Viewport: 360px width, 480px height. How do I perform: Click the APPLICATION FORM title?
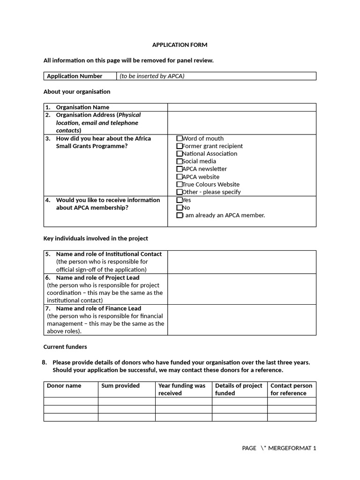pos(180,45)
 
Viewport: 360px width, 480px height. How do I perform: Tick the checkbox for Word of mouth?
pos(180,138)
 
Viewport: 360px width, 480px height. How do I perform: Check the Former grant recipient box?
pos(180,146)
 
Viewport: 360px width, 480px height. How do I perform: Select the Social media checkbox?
pos(180,161)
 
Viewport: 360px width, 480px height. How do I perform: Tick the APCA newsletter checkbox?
pos(180,169)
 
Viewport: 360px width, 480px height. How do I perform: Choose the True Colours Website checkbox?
pos(180,184)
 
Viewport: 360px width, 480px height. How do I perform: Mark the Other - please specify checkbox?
pos(180,192)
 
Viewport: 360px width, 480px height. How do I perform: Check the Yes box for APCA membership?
pos(180,200)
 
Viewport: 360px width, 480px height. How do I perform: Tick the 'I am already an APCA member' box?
pos(180,216)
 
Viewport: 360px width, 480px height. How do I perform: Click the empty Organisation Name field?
pos(241,107)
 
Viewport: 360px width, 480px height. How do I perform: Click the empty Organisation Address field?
pos(241,123)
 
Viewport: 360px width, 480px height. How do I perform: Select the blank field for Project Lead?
pos(241,289)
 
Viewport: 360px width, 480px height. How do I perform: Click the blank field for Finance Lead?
pos(241,320)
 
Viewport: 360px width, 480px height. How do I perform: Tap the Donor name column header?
pos(64,386)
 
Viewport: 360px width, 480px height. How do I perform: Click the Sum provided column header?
pos(120,386)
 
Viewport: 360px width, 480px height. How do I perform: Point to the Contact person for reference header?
pos(291,390)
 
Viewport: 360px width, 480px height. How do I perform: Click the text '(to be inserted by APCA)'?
pos(152,76)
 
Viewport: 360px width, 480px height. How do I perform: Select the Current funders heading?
pos(65,347)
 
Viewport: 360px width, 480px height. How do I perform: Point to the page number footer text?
pos(279,448)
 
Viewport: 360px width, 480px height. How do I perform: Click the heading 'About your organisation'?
pos(77,91)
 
